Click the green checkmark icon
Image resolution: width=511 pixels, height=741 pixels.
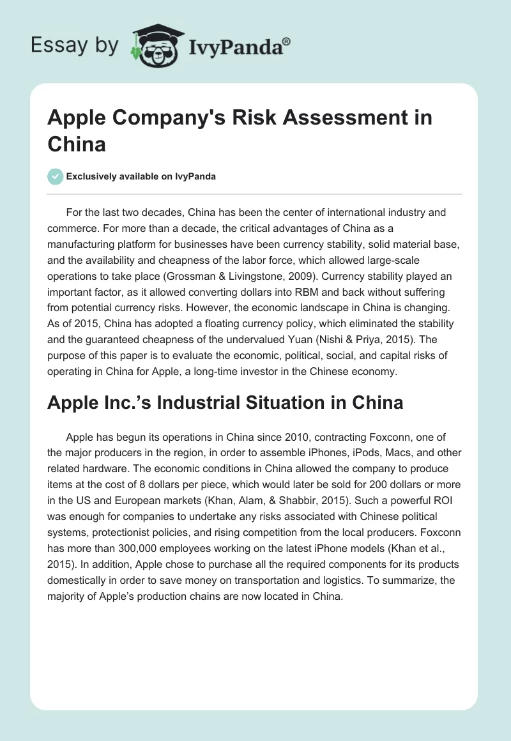[56, 176]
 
